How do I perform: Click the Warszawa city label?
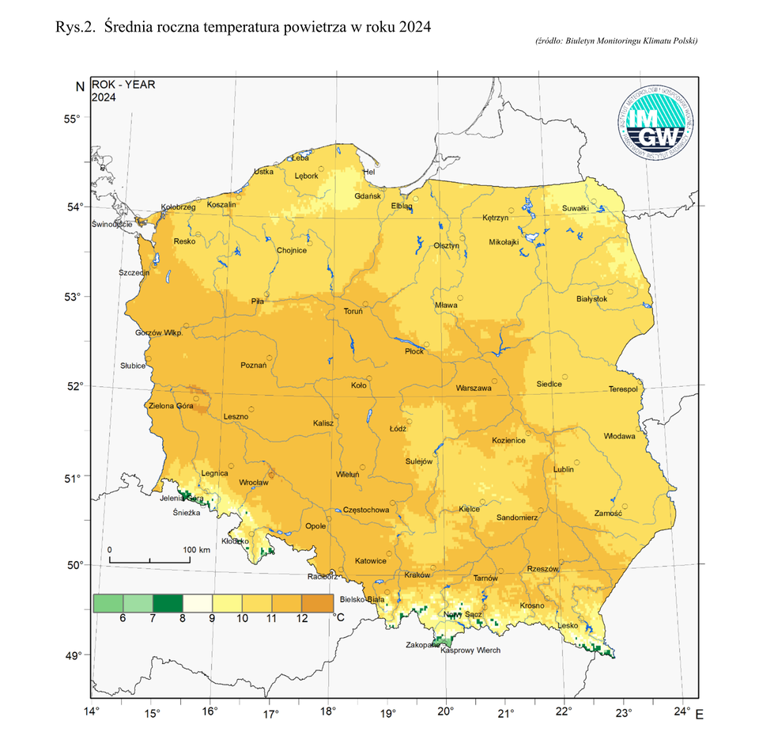474,389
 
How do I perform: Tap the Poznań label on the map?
253,366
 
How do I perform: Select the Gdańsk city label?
368,195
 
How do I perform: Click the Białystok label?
591,298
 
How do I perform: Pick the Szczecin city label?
134,272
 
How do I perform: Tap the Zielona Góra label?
171,406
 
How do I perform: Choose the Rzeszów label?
542,569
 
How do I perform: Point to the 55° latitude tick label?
73,119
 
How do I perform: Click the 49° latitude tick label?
73,655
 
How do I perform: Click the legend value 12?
301,618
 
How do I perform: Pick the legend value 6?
123,618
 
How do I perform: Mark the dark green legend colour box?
168,603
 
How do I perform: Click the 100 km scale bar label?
196,549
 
